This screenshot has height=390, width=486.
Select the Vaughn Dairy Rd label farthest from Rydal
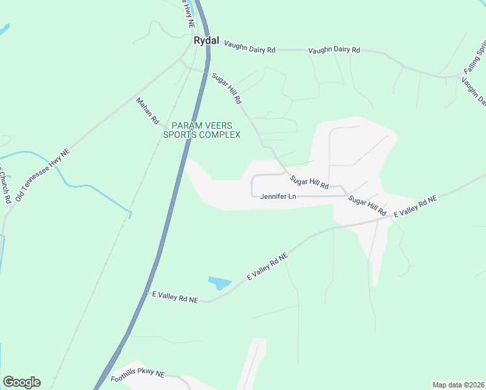(x=334, y=49)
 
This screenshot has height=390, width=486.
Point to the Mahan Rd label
(x=147, y=110)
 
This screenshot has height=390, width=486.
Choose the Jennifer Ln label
(x=277, y=196)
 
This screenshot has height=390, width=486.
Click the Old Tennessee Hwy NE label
(x=42, y=175)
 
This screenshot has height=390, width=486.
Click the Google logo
(x=21, y=382)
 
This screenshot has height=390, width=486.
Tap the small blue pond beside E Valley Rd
(x=220, y=283)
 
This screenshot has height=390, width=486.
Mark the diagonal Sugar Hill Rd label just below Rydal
(x=227, y=89)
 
